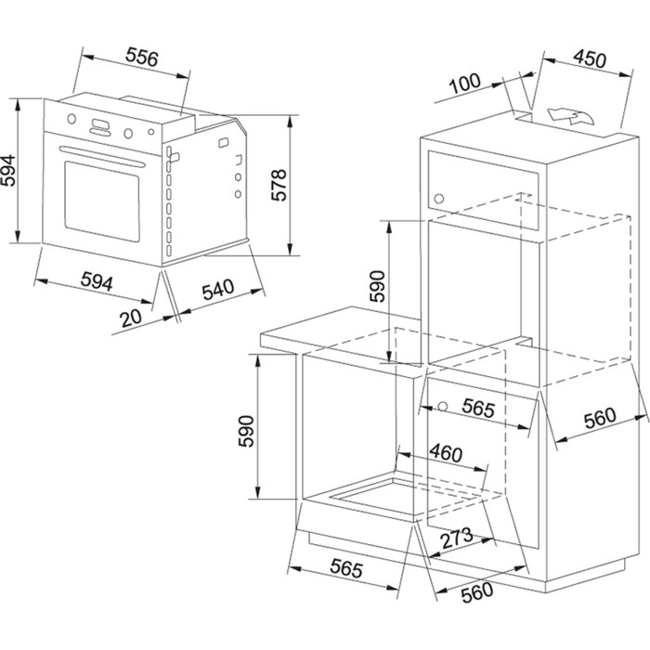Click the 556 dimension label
point(142,58)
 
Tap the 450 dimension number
point(590,59)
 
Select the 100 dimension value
point(465,84)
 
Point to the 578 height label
point(279,185)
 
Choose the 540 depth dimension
point(218,290)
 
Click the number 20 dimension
point(131,318)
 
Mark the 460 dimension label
point(446,453)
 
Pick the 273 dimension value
point(457,538)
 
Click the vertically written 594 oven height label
point(7,170)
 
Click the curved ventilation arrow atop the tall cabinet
point(570,116)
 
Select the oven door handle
point(102,156)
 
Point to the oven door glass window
point(102,201)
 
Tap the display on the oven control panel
point(100,123)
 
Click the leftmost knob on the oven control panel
point(71,119)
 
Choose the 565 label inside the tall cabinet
point(479,409)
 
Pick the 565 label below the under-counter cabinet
point(346,568)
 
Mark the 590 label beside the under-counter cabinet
point(246,431)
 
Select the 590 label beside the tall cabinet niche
point(377,286)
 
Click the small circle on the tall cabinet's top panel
point(438,199)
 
